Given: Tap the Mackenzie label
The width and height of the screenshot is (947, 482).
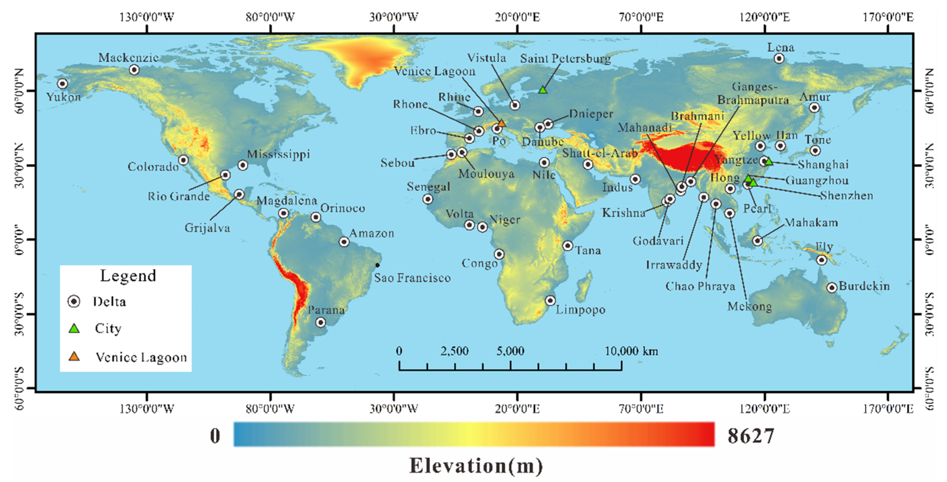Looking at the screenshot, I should click(128, 58).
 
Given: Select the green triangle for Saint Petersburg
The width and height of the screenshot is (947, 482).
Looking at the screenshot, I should click(543, 89).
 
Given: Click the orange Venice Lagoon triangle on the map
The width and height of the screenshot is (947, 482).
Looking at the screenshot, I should click(502, 123).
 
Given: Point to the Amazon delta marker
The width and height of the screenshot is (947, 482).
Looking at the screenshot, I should click(344, 242).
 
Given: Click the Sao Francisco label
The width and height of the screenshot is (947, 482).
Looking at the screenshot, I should click(412, 278).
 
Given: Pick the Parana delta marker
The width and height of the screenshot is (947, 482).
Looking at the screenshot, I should click(321, 323).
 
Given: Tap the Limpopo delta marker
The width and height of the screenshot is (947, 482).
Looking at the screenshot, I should click(550, 301).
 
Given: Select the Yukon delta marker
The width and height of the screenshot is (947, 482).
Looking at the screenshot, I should click(63, 84).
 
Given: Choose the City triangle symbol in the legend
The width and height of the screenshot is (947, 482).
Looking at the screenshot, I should click(74, 328).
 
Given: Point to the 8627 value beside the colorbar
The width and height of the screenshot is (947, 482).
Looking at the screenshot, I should click(750, 436).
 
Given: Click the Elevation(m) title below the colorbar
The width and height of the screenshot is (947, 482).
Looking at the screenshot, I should click(476, 466).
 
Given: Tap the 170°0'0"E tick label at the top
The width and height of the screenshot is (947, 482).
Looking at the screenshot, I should click(888, 17).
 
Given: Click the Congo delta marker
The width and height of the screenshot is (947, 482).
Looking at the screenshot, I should click(499, 254).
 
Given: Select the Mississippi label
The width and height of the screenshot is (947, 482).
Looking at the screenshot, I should click(278, 154).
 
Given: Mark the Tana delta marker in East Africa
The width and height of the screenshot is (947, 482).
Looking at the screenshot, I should click(568, 246).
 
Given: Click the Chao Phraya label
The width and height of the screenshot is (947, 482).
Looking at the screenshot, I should click(700, 286).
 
